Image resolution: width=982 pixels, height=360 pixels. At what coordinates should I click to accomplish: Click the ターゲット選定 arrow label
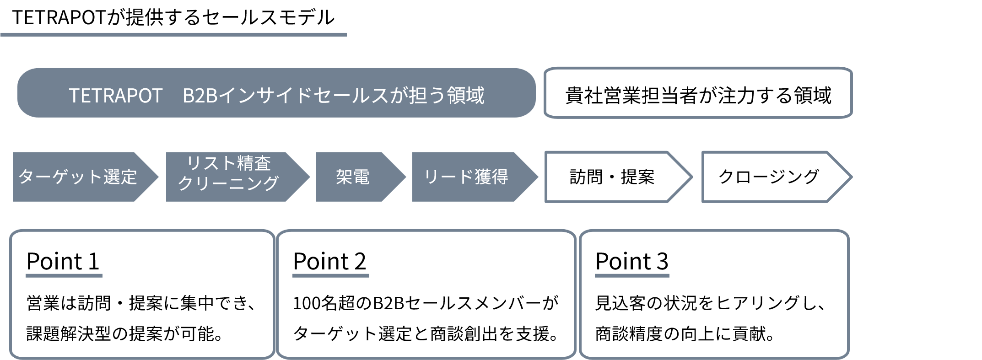(x=77, y=177)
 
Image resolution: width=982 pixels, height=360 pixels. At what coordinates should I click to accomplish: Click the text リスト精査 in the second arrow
(x=229, y=163)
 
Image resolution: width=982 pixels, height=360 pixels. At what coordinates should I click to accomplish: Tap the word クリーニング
(x=228, y=184)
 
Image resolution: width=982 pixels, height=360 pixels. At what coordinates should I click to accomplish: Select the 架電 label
(x=352, y=177)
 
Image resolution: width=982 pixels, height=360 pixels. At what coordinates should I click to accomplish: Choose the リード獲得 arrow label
(x=465, y=177)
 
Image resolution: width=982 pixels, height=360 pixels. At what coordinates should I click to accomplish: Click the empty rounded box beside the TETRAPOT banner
(x=698, y=93)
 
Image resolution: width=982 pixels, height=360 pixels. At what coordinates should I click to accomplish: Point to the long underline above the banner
(x=174, y=34)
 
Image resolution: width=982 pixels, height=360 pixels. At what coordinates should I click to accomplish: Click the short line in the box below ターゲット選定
(x=64, y=275)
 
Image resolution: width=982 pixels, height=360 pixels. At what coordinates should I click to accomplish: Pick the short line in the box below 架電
(x=330, y=275)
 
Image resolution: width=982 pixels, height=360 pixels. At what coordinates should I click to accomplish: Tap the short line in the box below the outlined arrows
(x=632, y=275)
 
